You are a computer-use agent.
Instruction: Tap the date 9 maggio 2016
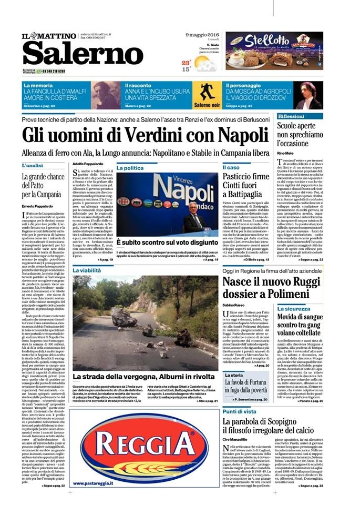pos(202,35)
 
